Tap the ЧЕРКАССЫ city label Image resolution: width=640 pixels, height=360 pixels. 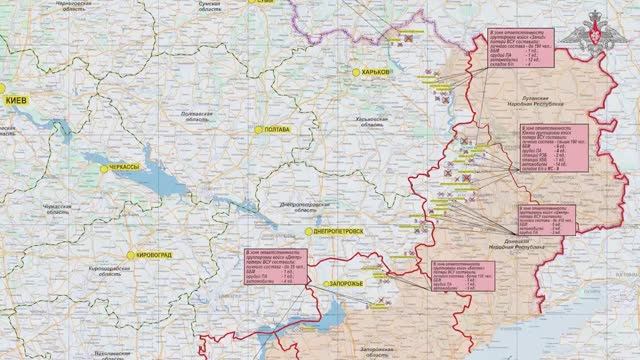(x=124, y=169)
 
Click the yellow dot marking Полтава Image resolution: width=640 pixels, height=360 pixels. (x=257, y=130)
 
